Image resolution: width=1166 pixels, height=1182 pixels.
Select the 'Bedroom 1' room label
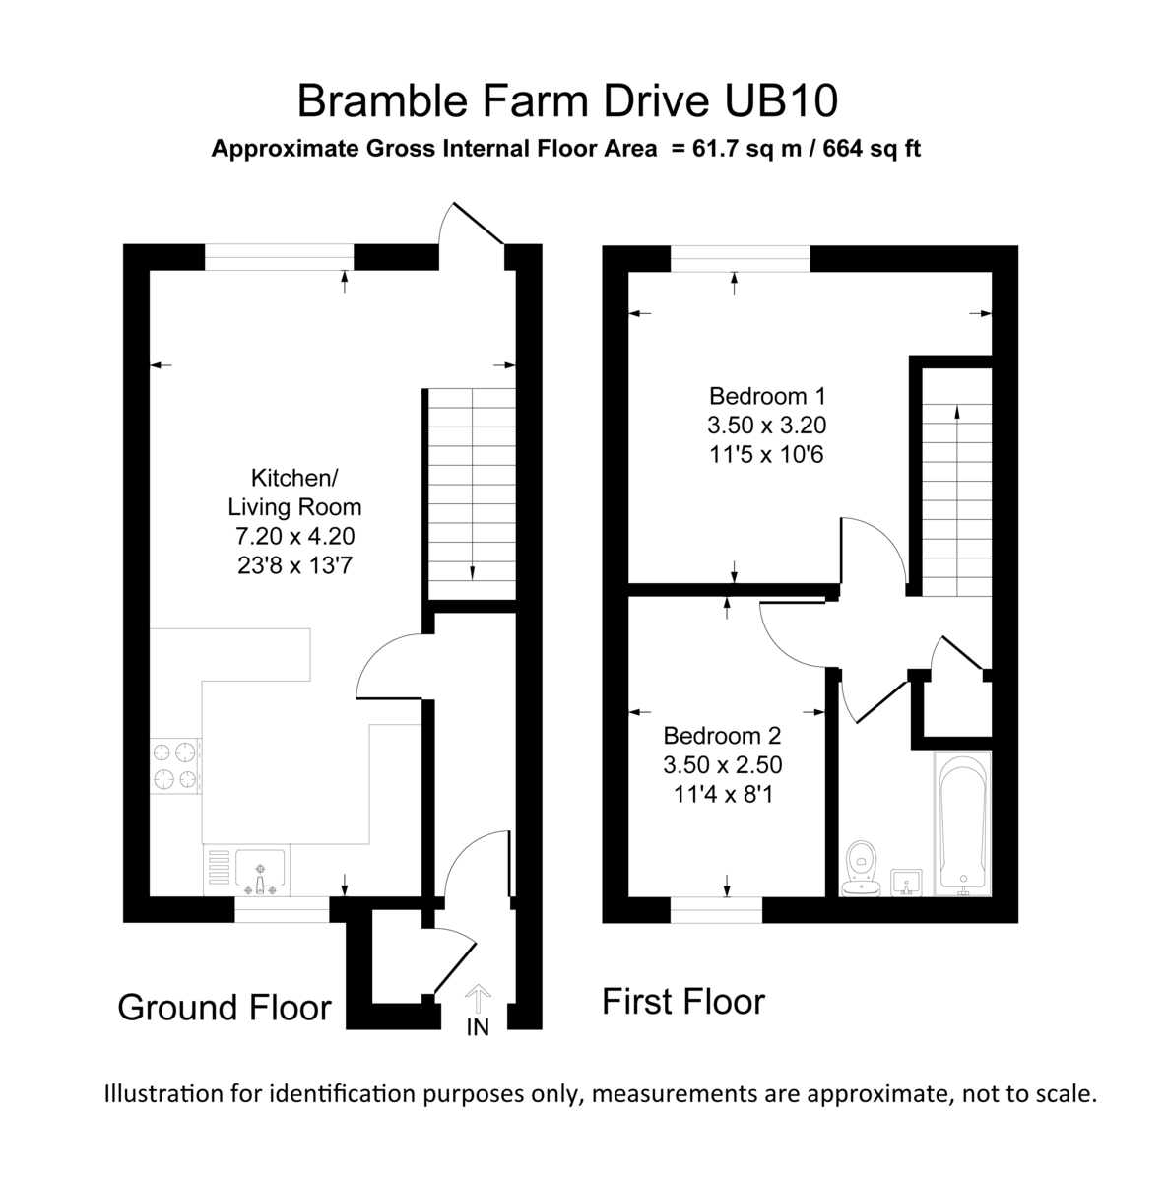766,396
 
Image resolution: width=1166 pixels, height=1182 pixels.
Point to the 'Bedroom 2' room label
722,735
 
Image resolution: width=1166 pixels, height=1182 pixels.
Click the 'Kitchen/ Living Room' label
294,492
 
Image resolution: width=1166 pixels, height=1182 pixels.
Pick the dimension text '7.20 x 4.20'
294,537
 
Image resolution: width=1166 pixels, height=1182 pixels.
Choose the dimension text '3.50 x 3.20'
766,426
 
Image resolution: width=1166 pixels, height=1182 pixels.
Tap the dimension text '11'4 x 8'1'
722,793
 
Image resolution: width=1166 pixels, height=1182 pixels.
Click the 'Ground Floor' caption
225,1008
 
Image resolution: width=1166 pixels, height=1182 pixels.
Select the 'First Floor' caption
682,1002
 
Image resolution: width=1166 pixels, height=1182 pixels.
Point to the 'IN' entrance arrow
478,1009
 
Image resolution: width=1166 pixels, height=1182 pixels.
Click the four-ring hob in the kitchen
175,766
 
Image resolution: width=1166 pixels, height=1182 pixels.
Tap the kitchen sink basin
259,870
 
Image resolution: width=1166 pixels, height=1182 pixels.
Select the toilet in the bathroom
863,868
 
